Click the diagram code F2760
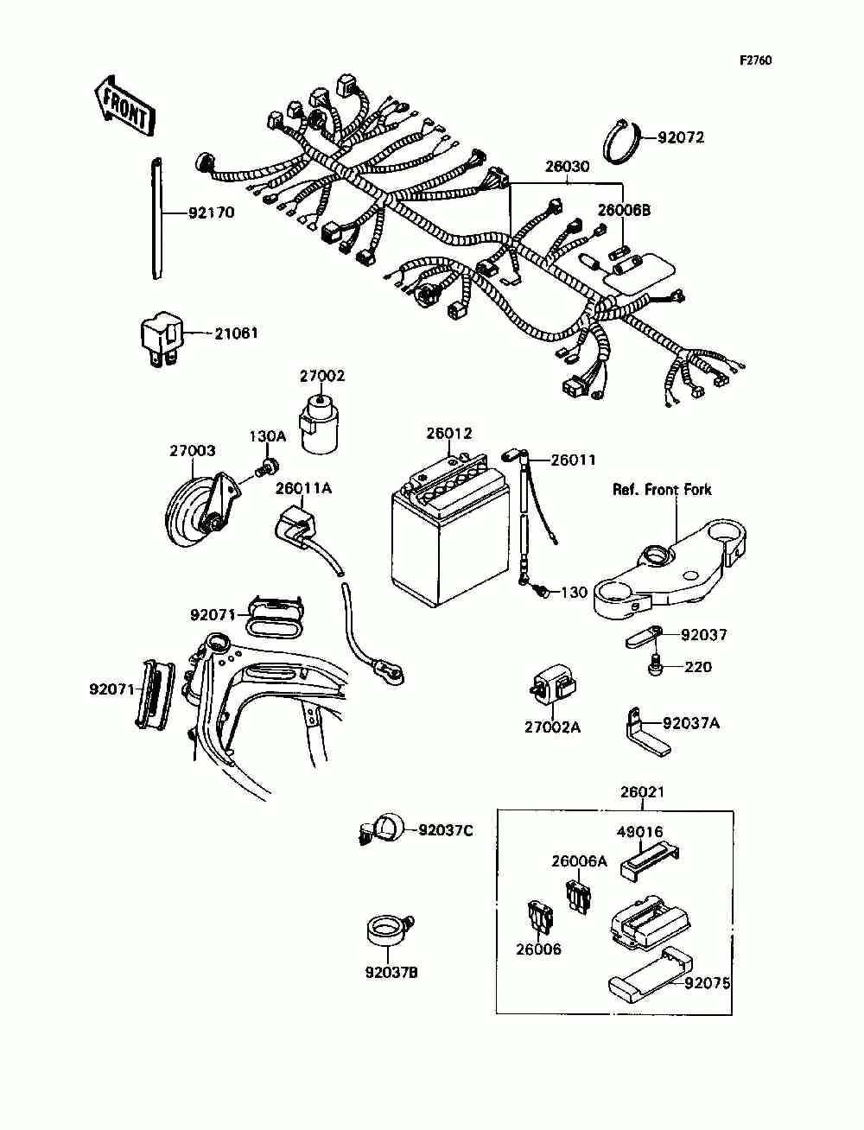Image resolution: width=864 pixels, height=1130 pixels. (x=755, y=60)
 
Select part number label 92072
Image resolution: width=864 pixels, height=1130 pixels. (x=681, y=137)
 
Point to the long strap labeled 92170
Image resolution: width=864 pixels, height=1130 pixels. (x=156, y=218)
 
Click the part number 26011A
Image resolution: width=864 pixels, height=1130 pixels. (x=303, y=488)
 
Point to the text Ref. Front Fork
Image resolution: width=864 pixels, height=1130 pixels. (x=662, y=490)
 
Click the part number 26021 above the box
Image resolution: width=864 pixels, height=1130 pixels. (x=642, y=792)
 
